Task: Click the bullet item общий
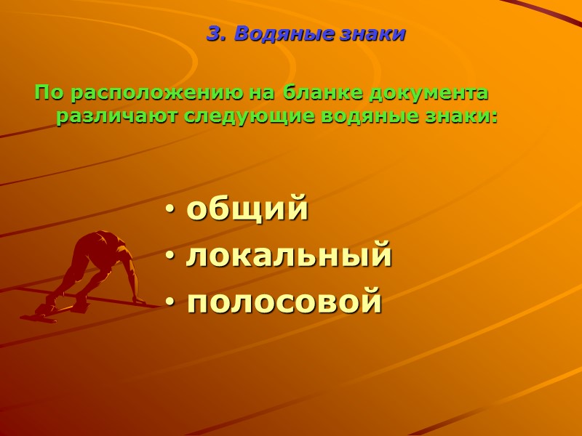(x=247, y=210)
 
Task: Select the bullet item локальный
(x=289, y=256)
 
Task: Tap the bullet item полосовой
(x=284, y=301)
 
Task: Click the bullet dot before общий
(x=170, y=211)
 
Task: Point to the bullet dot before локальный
(x=170, y=257)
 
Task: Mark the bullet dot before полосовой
(x=170, y=302)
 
